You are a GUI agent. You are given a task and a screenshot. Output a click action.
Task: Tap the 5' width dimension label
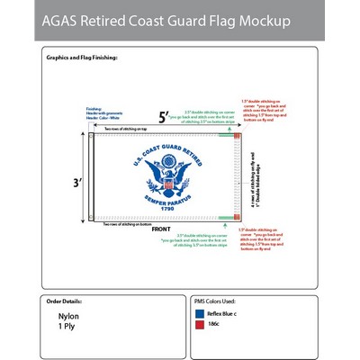point(164,117)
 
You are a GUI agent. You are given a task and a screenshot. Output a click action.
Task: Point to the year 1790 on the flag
point(163,210)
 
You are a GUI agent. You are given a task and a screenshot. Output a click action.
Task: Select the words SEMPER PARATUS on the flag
point(163,202)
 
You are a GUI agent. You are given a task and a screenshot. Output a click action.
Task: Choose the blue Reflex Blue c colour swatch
point(200,313)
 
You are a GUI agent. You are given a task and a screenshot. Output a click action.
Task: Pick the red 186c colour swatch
point(200,326)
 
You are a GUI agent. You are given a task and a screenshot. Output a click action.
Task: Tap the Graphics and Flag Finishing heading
point(81,57)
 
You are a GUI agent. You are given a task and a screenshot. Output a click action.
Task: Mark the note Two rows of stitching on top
point(127,130)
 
